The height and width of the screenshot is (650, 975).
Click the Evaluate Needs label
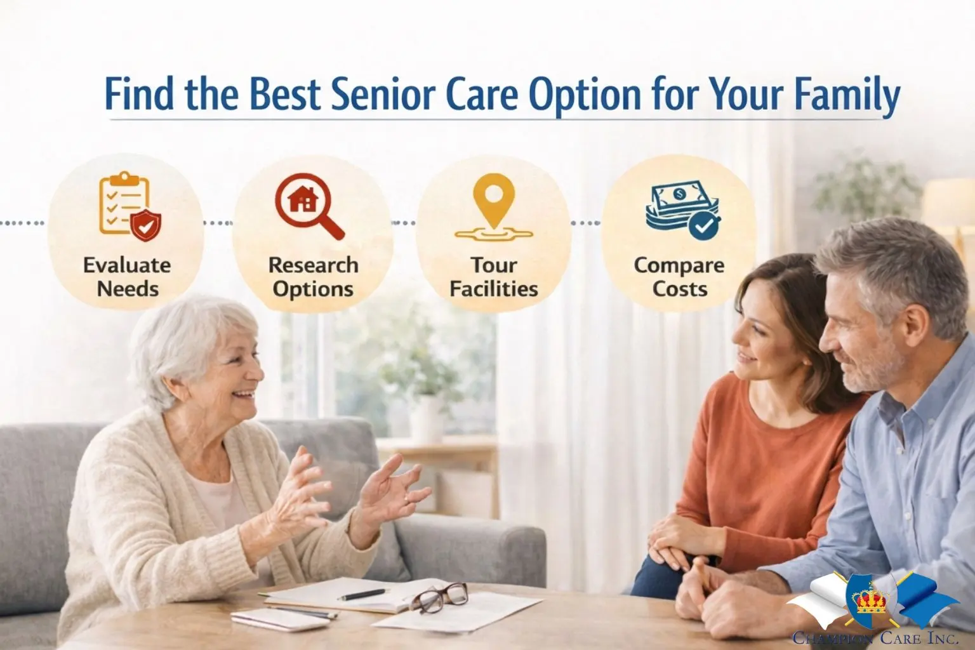(x=127, y=277)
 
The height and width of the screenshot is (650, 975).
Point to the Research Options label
(x=313, y=277)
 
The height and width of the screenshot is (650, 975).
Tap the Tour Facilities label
(x=493, y=277)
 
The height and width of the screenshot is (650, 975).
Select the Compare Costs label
(x=679, y=277)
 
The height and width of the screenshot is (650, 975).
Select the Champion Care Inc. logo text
(x=875, y=639)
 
